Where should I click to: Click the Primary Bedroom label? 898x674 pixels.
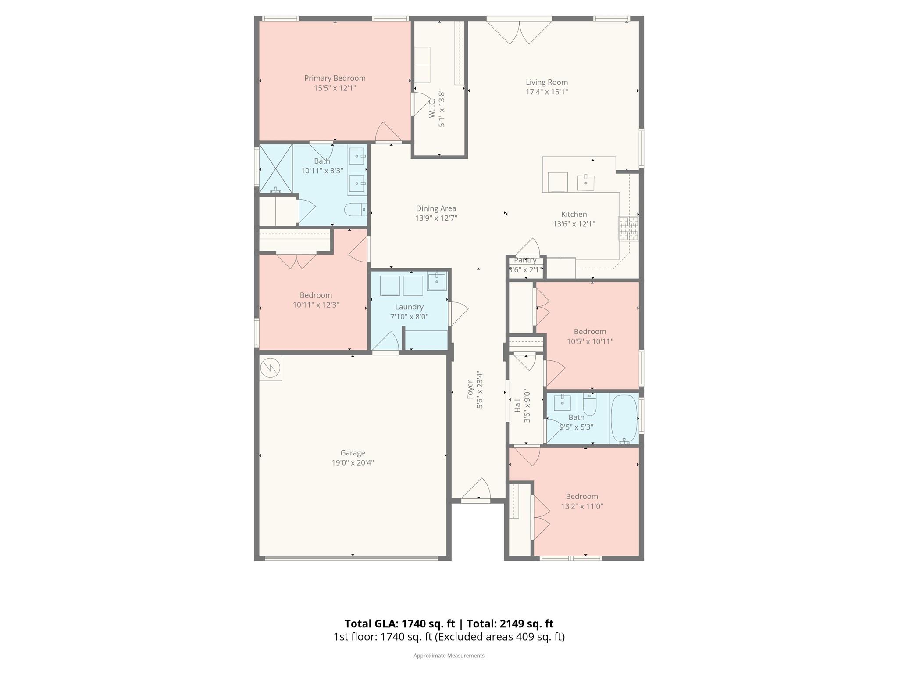pos(335,78)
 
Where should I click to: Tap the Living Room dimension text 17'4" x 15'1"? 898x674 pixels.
pos(547,92)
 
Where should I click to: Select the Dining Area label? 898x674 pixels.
pos(436,208)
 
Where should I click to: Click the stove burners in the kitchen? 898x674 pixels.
pos(628,228)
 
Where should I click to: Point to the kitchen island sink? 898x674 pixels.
pos(586,183)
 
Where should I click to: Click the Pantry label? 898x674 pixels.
pos(525,260)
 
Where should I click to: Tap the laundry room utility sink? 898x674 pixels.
pos(437,281)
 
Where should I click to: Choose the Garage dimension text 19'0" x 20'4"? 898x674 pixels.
pos(353,462)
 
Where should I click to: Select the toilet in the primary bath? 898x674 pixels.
pos(356,210)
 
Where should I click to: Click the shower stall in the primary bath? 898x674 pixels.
pos(276,169)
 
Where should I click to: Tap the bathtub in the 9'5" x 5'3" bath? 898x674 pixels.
pos(624,419)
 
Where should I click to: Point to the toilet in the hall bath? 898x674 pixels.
pos(590,404)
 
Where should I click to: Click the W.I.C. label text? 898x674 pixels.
pos(432,108)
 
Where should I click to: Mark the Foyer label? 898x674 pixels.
pos(470,389)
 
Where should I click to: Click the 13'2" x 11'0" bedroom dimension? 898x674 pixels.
pos(582,506)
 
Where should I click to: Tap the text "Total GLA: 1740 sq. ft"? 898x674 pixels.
pos(399,624)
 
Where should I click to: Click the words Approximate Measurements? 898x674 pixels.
pos(449,656)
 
